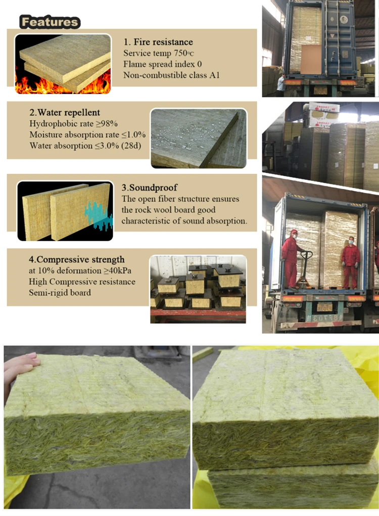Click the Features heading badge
pyautogui.click(x=50, y=22)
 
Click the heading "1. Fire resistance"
pyautogui.click(x=158, y=42)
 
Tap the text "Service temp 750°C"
pyautogui.click(x=158, y=53)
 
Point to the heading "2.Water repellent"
pyautogui.click(x=64, y=112)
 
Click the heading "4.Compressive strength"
pyautogui.click(x=76, y=260)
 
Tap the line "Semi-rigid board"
pyautogui.click(x=60, y=293)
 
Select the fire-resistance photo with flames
pyautogui.click(x=63, y=64)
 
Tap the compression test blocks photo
pyautogui.click(x=198, y=289)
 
